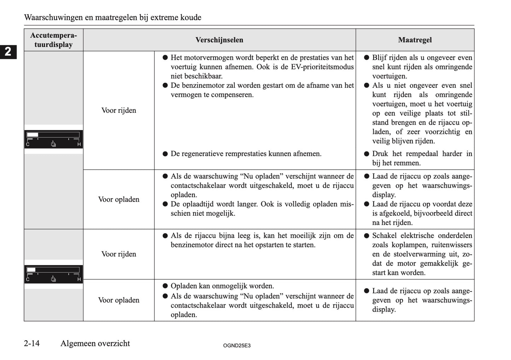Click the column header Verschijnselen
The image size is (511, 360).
pyautogui.click(x=219, y=40)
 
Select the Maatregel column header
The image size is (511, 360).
pyautogui.click(x=415, y=40)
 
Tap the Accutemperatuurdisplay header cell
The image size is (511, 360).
pyautogui.click(x=53, y=40)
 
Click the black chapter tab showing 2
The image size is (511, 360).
pyautogui.click(x=8, y=52)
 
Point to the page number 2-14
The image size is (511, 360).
pyautogui.click(x=32, y=343)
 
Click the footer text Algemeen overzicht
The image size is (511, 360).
pyautogui.click(x=95, y=343)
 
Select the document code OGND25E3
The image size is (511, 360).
pyautogui.click(x=237, y=346)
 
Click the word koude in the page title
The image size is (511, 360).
pyautogui.click(x=190, y=17)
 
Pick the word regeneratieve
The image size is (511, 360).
pyautogui.click(x=208, y=154)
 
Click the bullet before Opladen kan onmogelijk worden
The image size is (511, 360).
pyautogui.click(x=165, y=286)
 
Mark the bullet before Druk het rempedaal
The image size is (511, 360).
pyautogui.click(x=366, y=154)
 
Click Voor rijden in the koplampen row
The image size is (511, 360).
pyautogui.click(x=118, y=254)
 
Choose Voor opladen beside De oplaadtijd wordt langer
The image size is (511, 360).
pyautogui.click(x=118, y=199)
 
